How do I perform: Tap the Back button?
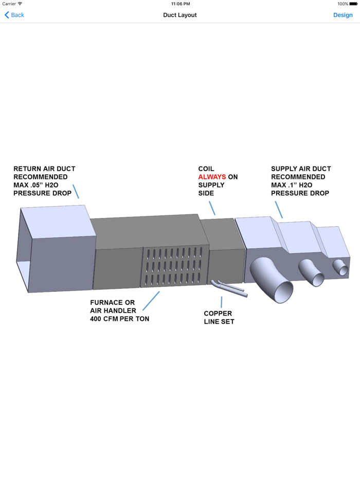(x=14, y=15)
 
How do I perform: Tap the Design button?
(x=343, y=15)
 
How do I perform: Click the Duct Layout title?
(x=180, y=15)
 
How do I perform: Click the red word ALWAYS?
(x=212, y=177)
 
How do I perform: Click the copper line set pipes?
(x=229, y=288)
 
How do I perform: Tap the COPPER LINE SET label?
(x=219, y=318)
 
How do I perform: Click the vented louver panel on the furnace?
(x=174, y=266)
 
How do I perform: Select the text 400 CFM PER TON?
(x=119, y=319)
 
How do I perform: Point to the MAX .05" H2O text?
(x=36, y=185)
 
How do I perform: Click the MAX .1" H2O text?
(x=292, y=185)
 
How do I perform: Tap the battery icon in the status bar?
(x=353, y=4)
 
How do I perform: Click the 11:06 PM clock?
(x=181, y=4)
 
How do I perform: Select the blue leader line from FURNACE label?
(x=151, y=301)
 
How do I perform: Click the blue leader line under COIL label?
(x=212, y=208)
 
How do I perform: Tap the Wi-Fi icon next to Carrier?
(x=20, y=4)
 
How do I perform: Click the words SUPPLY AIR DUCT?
(x=301, y=169)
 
